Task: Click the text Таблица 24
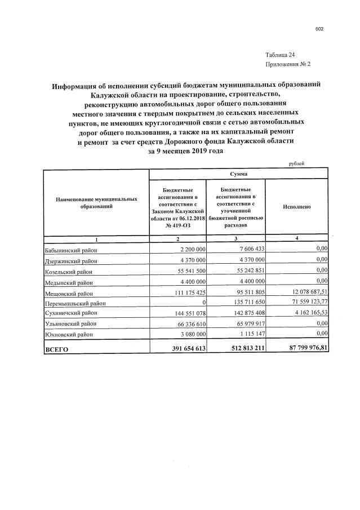(x=279, y=55)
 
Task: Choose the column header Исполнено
(x=297, y=207)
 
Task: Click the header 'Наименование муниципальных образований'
(x=96, y=203)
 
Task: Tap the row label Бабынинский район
(x=71, y=249)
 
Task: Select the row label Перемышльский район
(x=75, y=303)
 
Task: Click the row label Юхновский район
(x=69, y=335)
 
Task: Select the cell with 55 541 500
(x=189, y=270)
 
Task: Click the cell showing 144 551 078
(x=188, y=314)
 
